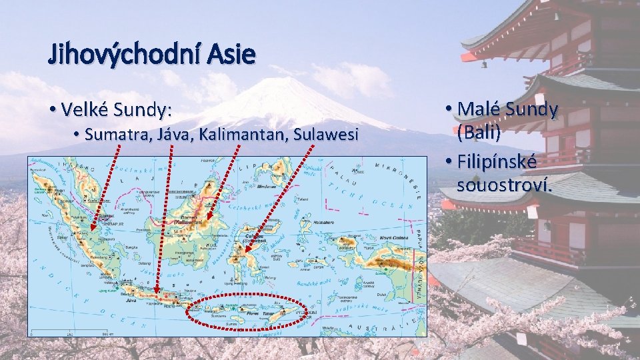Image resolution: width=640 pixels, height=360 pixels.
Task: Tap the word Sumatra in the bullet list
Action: [x=120, y=135]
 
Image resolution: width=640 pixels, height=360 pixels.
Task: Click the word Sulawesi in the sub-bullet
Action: [x=328, y=135]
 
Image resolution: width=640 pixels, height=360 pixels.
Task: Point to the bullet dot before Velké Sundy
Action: [x=52, y=108]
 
